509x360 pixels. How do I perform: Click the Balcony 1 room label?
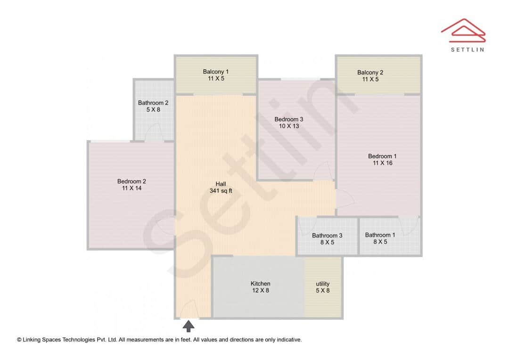point(215,72)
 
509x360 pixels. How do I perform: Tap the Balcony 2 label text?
point(370,73)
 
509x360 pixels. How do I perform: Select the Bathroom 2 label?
point(153,103)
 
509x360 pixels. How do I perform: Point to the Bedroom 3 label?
point(289,119)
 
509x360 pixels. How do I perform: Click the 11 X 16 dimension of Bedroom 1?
point(382,163)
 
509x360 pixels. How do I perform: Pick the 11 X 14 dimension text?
point(131,188)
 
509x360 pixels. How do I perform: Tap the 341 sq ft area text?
point(221,191)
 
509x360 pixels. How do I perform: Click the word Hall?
point(221,184)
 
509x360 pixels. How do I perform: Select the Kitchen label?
point(260,284)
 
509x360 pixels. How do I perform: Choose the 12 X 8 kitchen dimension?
point(260,290)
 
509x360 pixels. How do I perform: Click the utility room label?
point(322,284)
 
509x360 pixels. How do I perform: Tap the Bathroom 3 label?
point(327,236)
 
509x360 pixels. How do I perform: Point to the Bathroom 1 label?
point(380,235)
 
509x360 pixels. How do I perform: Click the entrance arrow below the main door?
point(188,326)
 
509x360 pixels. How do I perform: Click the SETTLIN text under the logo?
point(467,49)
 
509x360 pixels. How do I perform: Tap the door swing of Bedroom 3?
point(322,171)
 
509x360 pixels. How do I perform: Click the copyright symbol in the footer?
point(19,339)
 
